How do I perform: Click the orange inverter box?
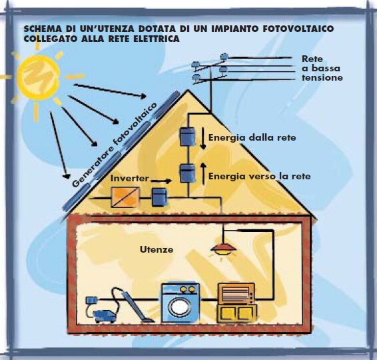tap(125, 197)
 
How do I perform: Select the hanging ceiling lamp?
tap(223, 249)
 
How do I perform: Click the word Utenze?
tap(157, 249)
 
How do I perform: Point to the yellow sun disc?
tap(39, 77)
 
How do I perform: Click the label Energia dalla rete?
tap(252, 137)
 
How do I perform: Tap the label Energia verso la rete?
tap(259, 176)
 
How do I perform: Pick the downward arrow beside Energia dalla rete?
tap(203, 138)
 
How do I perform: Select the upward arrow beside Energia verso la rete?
tap(203, 174)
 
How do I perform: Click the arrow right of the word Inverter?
tap(161, 181)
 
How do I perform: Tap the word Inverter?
tap(130, 178)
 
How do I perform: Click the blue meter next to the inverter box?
tap(159, 197)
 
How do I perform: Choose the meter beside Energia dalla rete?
tap(187, 137)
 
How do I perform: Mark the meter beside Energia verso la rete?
tap(187, 173)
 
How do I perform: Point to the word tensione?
tap(322, 78)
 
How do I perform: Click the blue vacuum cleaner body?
tap(105, 316)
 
